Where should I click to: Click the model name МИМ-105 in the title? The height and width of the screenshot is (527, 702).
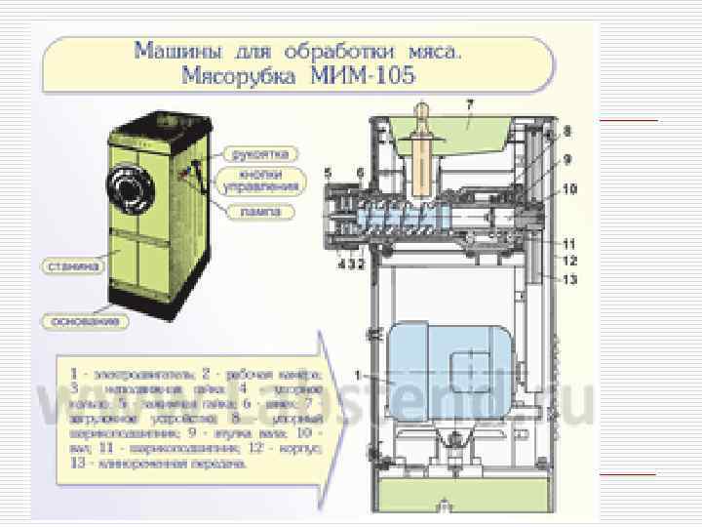tap(371, 74)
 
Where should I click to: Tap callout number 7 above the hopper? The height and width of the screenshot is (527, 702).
tap(470, 102)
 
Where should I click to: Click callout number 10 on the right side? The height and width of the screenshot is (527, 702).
tap(568, 188)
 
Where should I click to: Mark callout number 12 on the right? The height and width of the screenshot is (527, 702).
tap(569, 261)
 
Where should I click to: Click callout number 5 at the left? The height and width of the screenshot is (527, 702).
tap(328, 174)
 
